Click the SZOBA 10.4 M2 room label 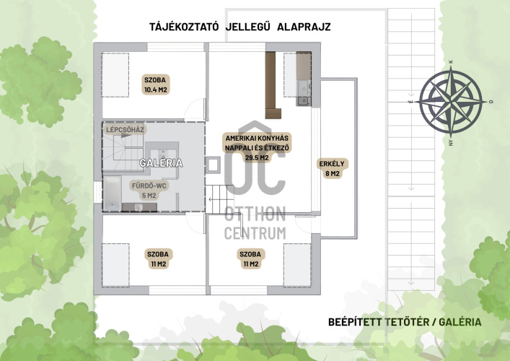(156, 84)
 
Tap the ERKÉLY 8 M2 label (332, 169)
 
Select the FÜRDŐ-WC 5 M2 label (149, 191)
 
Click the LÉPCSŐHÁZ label (125, 130)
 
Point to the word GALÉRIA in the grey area (161, 162)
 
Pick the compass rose (450, 102)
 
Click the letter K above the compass (450, 62)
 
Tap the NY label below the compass (451, 142)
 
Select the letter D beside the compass (491, 102)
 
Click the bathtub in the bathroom (113, 193)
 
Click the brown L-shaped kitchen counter (272, 85)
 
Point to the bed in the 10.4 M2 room (115, 75)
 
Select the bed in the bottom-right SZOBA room (297, 265)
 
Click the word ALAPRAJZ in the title (304, 27)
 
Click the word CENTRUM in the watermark (255, 233)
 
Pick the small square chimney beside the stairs (213, 165)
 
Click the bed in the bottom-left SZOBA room (115, 265)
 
